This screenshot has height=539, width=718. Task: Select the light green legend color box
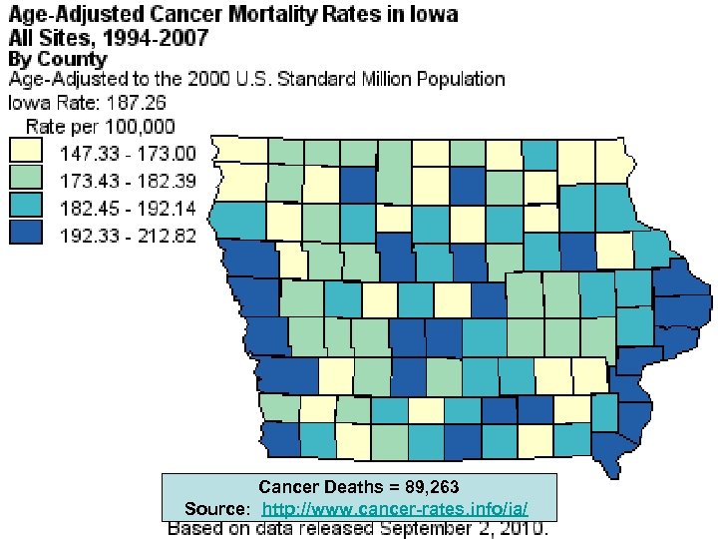point(27,182)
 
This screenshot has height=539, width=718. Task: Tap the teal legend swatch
point(27,211)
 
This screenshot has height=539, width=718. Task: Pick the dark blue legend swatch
point(27,239)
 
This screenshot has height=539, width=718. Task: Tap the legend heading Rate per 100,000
point(100,127)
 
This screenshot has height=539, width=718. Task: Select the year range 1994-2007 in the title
point(150,38)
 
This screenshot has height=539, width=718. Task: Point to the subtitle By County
point(57,59)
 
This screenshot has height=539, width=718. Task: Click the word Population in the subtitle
point(459,79)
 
